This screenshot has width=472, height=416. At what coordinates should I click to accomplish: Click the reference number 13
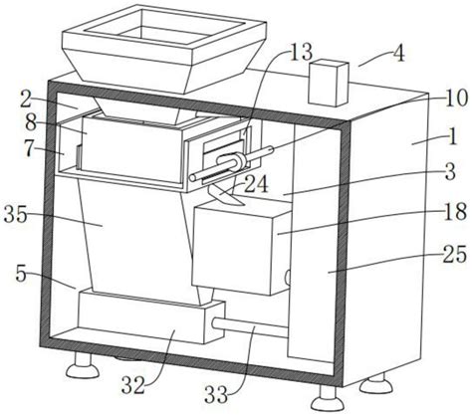point(301,52)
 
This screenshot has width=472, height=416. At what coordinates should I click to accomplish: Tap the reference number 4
point(399,54)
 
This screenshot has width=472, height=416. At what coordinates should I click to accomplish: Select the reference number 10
point(456,99)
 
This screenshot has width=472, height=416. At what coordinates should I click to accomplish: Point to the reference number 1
point(453,136)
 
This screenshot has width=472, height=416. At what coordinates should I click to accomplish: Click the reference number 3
point(450,171)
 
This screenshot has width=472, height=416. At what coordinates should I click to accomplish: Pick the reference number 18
point(455,211)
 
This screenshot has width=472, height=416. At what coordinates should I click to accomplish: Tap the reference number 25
point(455,255)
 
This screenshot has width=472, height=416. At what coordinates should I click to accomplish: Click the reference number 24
point(256,184)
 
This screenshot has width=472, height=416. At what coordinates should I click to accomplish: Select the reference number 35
point(16,215)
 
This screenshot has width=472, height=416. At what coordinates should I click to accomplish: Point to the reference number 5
point(21,275)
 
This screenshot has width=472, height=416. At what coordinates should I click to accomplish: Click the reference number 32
point(133,385)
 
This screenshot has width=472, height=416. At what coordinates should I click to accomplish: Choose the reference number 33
point(216,395)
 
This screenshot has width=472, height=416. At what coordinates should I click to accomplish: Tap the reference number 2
point(26,100)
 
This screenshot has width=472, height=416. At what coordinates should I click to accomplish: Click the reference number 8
point(31,123)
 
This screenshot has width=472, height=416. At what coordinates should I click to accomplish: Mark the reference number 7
point(29,149)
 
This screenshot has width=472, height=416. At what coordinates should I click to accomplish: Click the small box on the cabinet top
point(329,83)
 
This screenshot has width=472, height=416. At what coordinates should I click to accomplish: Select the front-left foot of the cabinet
point(83,365)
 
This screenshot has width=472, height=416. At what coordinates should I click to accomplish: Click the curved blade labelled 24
point(226,196)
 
